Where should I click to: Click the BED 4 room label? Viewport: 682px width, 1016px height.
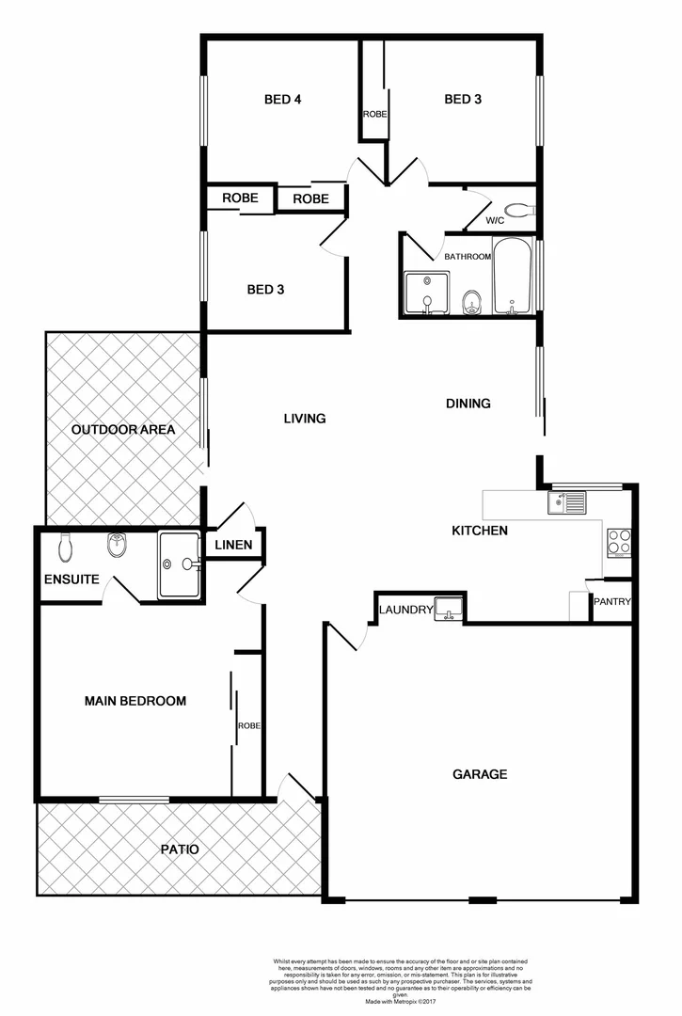coord(282,99)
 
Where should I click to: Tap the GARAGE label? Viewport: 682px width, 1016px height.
coord(480,774)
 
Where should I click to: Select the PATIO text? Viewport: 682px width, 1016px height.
coord(179,849)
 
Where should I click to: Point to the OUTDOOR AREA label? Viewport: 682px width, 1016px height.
coord(123,430)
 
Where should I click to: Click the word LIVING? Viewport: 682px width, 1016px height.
coord(305,418)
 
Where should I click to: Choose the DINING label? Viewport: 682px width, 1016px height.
coord(468,404)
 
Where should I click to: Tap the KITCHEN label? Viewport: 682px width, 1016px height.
coord(480,531)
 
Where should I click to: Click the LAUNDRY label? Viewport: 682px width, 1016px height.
coord(405,611)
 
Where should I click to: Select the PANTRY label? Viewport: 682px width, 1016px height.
coord(611,602)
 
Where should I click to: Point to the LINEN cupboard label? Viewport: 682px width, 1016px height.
coord(233,546)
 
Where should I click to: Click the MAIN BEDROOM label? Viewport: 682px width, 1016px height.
coord(135,701)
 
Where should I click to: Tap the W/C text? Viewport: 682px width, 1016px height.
coord(496,221)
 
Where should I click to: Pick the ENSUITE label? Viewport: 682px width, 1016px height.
coord(71,579)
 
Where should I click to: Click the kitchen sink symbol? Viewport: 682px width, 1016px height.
coord(567,502)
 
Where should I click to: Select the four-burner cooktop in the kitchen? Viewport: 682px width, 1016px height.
coord(619,541)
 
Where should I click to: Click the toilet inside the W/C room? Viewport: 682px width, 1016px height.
coord(517,210)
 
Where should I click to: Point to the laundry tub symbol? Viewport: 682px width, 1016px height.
coord(448,609)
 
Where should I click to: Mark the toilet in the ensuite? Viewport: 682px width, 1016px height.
coord(66,547)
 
